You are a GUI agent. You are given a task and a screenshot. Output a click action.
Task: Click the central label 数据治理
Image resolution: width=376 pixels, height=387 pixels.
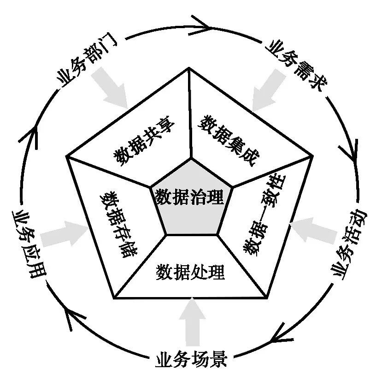pos(189,198)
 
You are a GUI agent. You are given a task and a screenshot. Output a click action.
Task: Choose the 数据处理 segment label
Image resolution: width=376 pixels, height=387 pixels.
pos(190,272)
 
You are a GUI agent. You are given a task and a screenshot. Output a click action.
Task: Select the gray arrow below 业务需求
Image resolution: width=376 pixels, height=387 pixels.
pos(266,90)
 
